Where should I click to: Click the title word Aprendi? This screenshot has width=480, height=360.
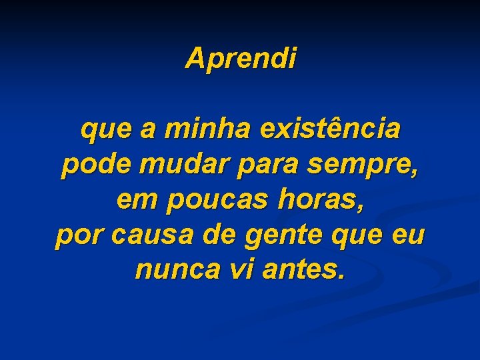point(241,59)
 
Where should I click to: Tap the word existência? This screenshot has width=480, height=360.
point(331,129)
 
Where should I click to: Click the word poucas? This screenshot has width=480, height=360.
point(205,201)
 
